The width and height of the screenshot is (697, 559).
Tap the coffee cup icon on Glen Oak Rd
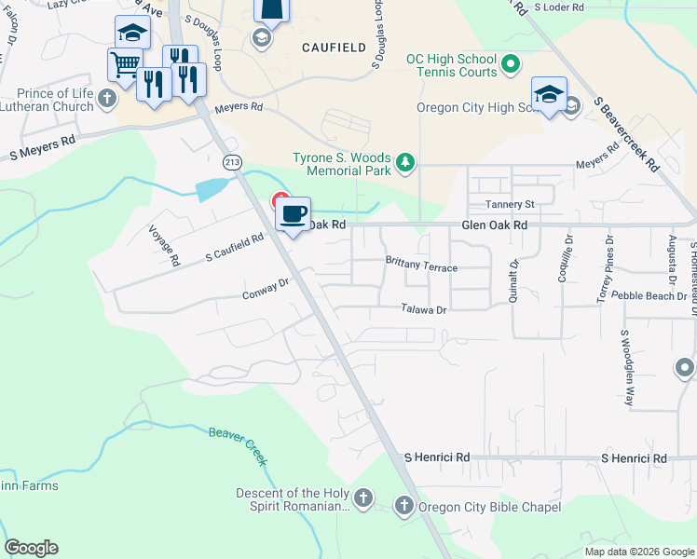[293, 214]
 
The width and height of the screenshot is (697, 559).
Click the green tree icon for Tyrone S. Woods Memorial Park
[405, 163]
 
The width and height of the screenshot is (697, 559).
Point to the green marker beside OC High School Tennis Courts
[510, 65]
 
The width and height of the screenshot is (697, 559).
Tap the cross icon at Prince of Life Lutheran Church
[108, 99]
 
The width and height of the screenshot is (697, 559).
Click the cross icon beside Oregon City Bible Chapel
[403, 507]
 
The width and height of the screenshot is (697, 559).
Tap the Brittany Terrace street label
[421, 266]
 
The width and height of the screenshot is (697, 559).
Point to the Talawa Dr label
[425, 308]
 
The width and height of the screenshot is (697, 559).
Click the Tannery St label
[509, 204]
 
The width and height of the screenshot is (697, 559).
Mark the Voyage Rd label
[162, 246]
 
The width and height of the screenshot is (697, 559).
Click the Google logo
[31, 548]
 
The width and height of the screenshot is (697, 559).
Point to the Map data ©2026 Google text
[638, 552]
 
